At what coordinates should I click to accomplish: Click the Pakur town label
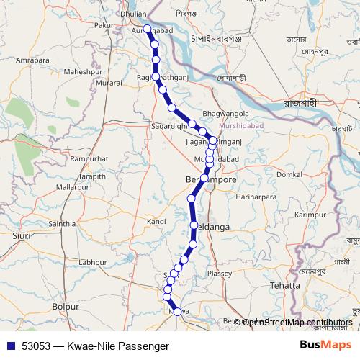coord(104,25)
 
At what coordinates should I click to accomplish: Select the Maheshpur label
coord(84,72)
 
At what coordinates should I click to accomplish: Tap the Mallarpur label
coord(72,186)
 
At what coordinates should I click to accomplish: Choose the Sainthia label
coord(61,224)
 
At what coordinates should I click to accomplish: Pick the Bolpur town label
coord(66,307)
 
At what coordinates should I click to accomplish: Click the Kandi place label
coord(156,222)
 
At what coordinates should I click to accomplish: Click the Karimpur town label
coord(311,215)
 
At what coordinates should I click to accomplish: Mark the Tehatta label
coord(285,286)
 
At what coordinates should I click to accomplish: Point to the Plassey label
coord(220,274)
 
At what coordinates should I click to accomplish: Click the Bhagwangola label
coord(226,114)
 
